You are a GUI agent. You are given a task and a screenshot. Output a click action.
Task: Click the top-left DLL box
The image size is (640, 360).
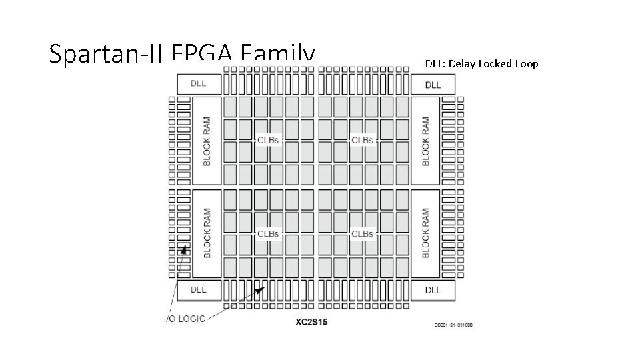(x=198, y=84)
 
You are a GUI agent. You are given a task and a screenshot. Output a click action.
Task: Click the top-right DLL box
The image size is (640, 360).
(x=433, y=85)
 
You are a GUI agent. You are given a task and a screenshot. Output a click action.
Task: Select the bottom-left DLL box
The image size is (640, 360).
(x=198, y=290)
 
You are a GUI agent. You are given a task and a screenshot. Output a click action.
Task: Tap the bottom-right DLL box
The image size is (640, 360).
(x=433, y=290)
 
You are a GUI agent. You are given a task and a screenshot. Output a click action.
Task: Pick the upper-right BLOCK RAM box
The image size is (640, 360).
(x=425, y=141)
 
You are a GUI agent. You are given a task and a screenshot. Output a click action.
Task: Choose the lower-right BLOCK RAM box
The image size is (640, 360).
(x=425, y=233)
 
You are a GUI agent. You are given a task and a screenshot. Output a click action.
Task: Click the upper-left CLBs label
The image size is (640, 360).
(x=268, y=140)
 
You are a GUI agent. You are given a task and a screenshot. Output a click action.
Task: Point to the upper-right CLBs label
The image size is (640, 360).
(x=362, y=140)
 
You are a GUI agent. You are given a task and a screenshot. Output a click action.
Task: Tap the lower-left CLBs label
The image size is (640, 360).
(x=268, y=233)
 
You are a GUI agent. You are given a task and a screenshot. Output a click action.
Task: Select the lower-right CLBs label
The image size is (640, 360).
(x=362, y=233)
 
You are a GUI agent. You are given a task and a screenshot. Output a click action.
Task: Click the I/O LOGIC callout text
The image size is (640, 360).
(x=185, y=318)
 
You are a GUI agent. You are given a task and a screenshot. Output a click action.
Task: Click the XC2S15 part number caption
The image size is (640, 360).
(x=311, y=323)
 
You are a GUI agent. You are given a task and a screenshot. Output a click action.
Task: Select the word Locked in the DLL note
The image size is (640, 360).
(x=494, y=64)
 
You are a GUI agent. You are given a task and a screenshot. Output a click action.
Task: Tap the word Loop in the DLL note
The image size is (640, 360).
(x=527, y=64)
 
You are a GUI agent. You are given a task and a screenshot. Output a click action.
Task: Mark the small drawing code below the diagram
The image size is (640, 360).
(x=453, y=325)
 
